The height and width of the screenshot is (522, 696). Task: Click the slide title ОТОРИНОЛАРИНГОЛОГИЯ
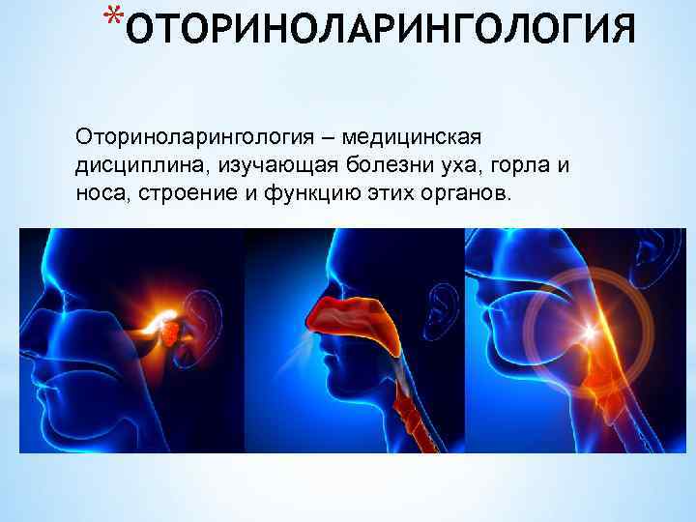coord(381,30)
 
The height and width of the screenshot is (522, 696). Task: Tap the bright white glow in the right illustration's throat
coord(587,333)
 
